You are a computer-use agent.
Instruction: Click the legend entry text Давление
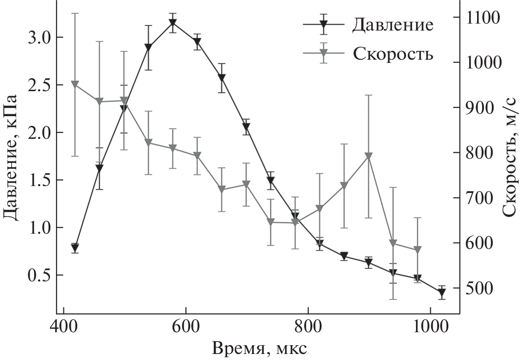pos(393,25)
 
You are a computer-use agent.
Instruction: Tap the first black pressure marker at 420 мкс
pos(75,248)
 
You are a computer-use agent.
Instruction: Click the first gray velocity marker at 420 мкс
pos(75,84)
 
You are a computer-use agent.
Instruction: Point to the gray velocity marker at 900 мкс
pos(368,156)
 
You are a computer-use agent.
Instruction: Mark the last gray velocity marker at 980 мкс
pos(417,250)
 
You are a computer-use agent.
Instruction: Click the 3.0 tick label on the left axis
pos(40,37)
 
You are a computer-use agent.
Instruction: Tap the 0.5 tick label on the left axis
pos(40,275)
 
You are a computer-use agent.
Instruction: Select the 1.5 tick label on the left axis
pos(40,180)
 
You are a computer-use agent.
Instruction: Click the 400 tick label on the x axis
pos(63,324)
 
